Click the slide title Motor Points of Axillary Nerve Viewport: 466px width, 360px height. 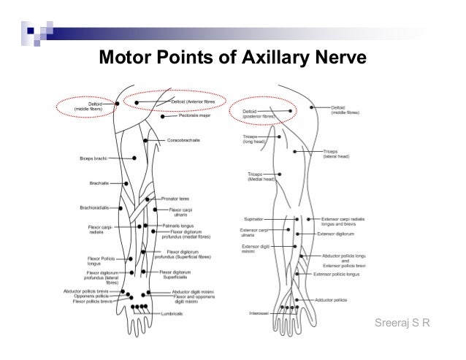click(x=232, y=56)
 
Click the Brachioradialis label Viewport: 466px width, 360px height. click(x=94, y=207)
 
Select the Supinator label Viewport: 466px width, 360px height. click(x=253, y=218)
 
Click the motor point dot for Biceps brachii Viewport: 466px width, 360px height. click(x=134, y=158)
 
